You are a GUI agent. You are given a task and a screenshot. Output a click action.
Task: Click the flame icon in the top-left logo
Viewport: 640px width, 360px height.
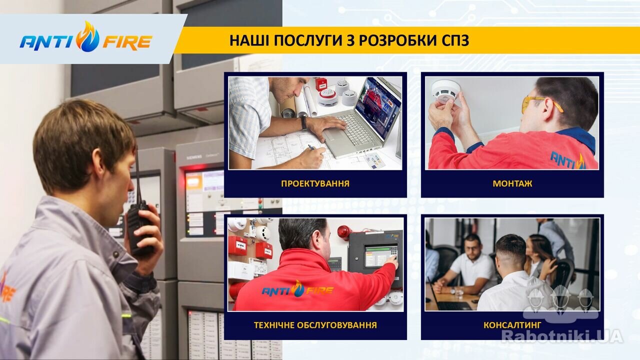point(88,36)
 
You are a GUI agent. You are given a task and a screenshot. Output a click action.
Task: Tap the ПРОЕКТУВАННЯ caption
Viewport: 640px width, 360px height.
point(315,183)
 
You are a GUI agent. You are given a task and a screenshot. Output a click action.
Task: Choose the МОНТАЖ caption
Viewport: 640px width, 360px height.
point(512,183)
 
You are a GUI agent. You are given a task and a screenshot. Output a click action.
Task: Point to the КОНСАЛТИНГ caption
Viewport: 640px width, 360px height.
point(512,325)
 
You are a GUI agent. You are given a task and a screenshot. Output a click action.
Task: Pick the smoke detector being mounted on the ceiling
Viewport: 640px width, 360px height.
point(445,91)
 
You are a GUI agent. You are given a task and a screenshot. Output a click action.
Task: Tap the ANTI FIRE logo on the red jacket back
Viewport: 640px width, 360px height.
point(297,289)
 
